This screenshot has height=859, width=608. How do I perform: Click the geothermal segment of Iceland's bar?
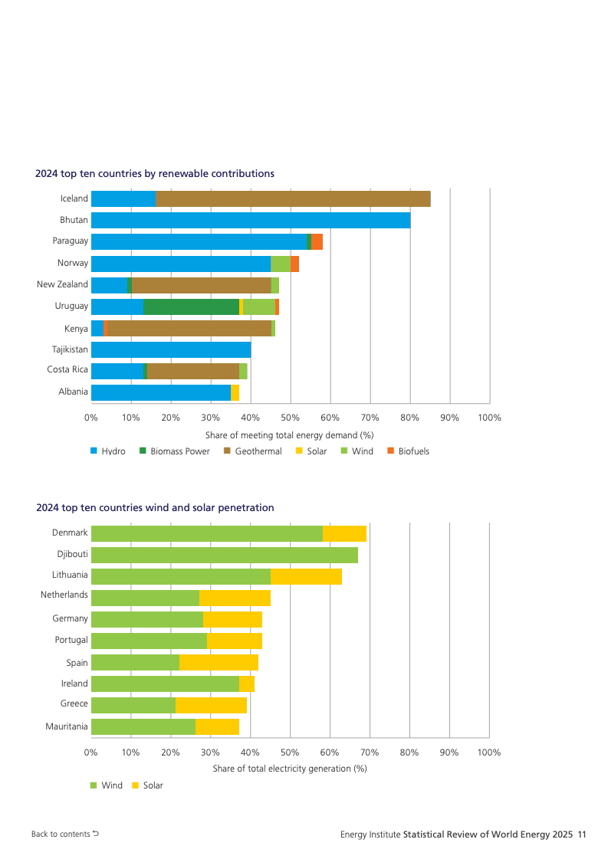click(x=293, y=198)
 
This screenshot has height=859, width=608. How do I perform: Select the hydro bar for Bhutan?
click(x=251, y=220)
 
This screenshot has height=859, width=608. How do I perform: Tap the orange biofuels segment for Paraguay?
click(x=317, y=241)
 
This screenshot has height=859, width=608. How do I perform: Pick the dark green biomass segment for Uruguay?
click(x=191, y=307)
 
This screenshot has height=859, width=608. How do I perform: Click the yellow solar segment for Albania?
click(x=235, y=392)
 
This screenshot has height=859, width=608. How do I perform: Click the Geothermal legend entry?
click(x=252, y=451)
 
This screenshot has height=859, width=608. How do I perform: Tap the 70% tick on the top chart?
click(x=370, y=418)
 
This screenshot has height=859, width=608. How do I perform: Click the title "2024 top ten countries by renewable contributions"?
click(x=155, y=174)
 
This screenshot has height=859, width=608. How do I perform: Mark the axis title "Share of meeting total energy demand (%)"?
click(x=290, y=435)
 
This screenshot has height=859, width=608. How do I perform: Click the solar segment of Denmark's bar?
click(x=344, y=533)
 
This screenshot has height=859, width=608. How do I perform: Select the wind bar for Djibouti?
click(x=224, y=555)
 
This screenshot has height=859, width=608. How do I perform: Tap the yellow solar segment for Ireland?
click(x=246, y=684)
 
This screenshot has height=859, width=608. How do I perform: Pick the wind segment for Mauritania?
click(x=143, y=726)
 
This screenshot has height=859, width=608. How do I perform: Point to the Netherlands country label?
click(x=64, y=595)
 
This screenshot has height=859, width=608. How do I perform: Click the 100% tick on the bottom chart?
click(x=489, y=752)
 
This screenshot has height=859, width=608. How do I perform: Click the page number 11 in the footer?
click(x=582, y=834)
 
